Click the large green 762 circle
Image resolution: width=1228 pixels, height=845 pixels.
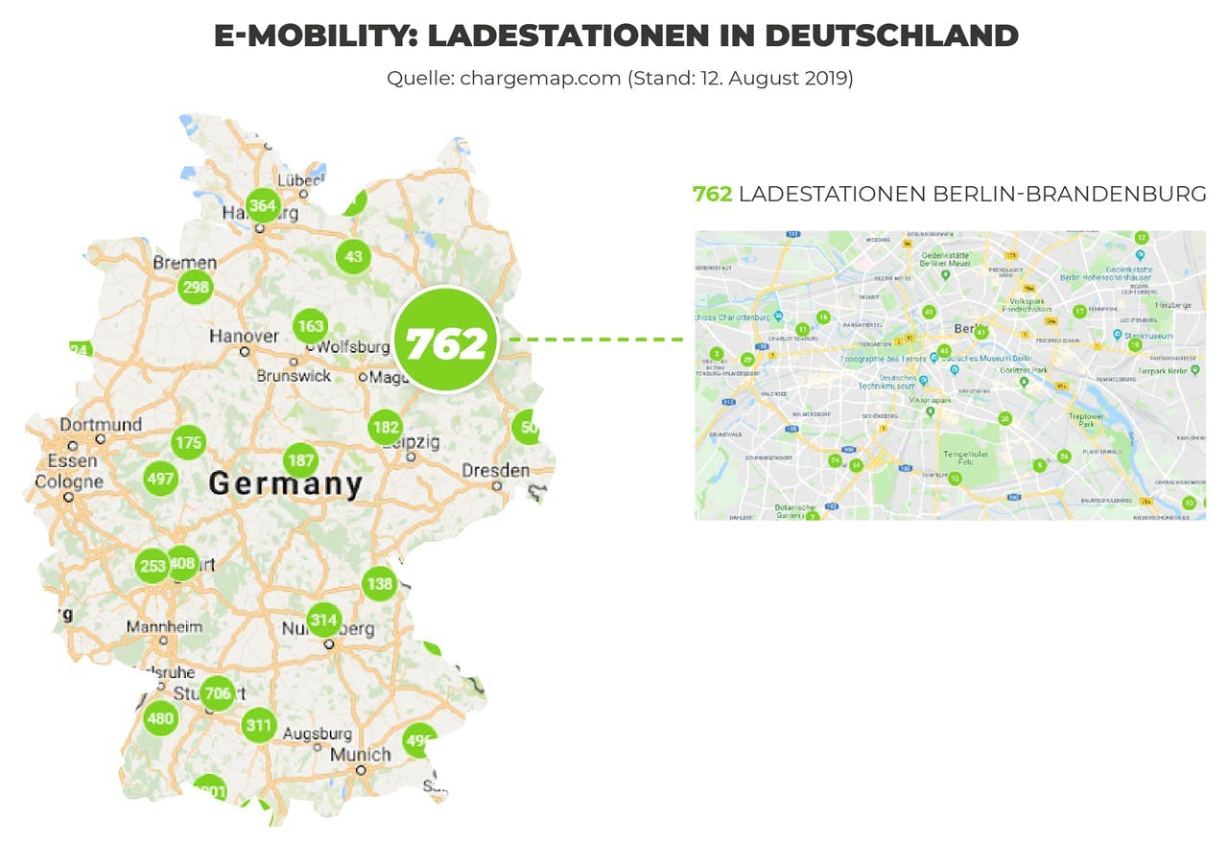pyautogui.click(x=445, y=340)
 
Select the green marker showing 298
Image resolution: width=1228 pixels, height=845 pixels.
pyautogui.click(x=196, y=287)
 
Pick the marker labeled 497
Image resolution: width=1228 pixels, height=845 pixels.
pyautogui.click(x=159, y=479)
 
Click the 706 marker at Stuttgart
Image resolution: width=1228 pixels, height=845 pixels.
pyautogui.click(x=218, y=692)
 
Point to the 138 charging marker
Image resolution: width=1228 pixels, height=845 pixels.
pyautogui.click(x=379, y=583)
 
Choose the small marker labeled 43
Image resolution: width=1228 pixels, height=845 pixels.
pyautogui.click(x=353, y=256)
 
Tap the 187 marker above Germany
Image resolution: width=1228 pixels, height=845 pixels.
pyautogui.click(x=301, y=460)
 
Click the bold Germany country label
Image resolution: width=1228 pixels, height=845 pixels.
pyautogui.click(x=286, y=484)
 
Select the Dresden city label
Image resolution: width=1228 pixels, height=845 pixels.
pyautogui.click(x=495, y=471)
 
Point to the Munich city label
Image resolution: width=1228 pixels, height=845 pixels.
pyautogui.click(x=360, y=755)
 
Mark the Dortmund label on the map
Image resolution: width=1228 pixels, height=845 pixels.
pyautogui.click(x=101, y=425)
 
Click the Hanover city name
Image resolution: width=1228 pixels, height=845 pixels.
pyautogui.click(x=244, y=337)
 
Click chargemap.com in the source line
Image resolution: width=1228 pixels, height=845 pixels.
pyautogui.click(x=540, y=79)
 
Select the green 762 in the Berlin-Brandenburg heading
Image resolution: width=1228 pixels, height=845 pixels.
pyautogui.click(x=712, y=194)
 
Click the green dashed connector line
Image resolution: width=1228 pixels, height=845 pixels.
pyautogui.click(x=595, y=340)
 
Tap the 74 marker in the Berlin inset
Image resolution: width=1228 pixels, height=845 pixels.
pyautogui.click(x=834, y=460)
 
